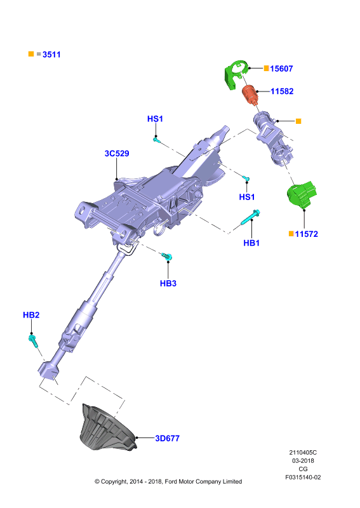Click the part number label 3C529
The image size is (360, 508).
(x=117, y=153)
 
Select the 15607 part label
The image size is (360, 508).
(x=281, y=69)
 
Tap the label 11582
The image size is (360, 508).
(x=282, y=91)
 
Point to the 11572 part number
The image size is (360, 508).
(x=307, y=234)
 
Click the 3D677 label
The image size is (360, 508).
(x=167, y=438)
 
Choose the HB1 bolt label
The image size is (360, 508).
(x=251, y=243)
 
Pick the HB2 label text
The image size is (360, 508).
(x=31, y=315)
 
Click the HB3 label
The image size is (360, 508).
(x=168, y=283)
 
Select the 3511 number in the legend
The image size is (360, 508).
(x=51, y=55)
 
